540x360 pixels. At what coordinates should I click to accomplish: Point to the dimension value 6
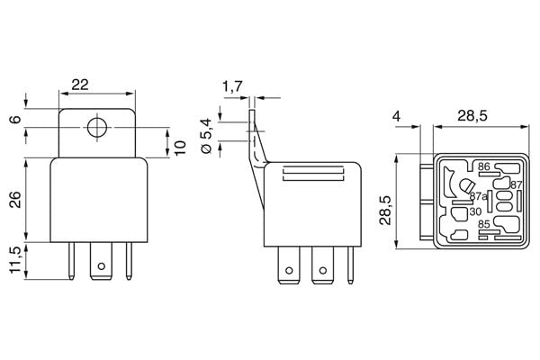(x=15, y=118)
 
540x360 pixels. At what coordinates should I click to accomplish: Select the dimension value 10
(x=180, y=147)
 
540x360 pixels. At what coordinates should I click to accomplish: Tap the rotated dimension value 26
(x=15, y=200)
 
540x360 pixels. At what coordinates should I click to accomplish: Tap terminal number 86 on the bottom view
(x=483, y=167)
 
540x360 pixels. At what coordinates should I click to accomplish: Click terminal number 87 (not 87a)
(x=516, y=184)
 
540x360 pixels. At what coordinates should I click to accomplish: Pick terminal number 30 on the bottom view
(x=474, y=212)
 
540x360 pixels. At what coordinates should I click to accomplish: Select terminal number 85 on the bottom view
(x=483, y=224)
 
